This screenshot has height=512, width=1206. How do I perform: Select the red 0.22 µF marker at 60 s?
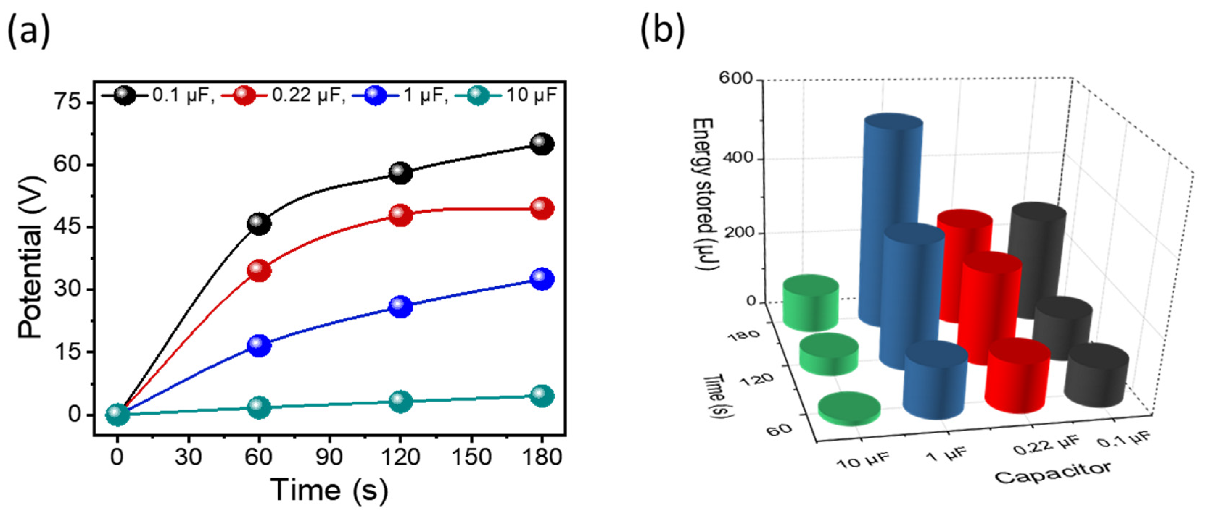259,271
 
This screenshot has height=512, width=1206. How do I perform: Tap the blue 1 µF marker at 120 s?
400,306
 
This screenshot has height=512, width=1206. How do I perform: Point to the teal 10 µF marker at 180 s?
542,396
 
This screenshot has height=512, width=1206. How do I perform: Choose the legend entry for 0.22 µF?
283,95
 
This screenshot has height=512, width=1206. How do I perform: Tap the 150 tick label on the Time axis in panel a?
471,457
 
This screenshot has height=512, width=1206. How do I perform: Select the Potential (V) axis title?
31,257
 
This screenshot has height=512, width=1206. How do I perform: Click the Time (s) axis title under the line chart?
329,490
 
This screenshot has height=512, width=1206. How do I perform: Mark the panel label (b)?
662,30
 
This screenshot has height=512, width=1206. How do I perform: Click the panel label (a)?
29,30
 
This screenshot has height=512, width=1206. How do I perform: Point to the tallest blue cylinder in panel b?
889,220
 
